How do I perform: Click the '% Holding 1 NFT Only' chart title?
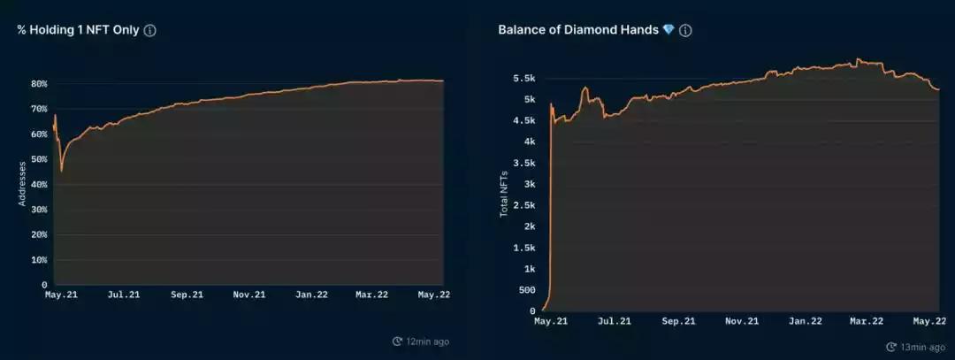(78, 30)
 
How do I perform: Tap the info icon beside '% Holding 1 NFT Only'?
(150, 30)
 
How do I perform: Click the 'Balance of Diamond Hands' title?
(578, 30)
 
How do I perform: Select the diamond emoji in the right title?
(668, 30)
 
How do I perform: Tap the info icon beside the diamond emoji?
(685, 30)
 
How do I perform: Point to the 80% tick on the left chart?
(39, 84)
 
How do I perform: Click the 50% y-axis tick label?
(39, 159)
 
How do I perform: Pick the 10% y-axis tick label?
(39, 260)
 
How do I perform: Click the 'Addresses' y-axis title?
(23, 184)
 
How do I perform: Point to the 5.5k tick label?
(523, 79)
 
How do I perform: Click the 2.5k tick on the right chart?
(523, 205)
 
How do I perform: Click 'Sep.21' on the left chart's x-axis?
(186, 295)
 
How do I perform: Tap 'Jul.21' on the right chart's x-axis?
(614, 322)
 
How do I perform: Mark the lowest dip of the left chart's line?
(61, 170)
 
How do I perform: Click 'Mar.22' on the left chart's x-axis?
(371, 295)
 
